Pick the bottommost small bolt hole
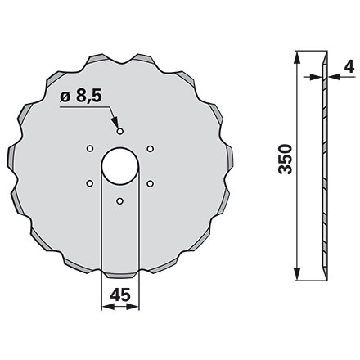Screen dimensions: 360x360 (x=119, y=200)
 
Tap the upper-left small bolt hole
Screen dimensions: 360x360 (x=89, y=147)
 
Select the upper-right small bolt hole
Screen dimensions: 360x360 (x=150, y=147)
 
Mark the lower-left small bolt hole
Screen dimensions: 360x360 (x=89, y=182)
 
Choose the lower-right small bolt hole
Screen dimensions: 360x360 (x=150, y=182)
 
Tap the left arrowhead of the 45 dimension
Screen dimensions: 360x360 (x=105, y=309)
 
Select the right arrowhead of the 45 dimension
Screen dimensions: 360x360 (x=134, y=309)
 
